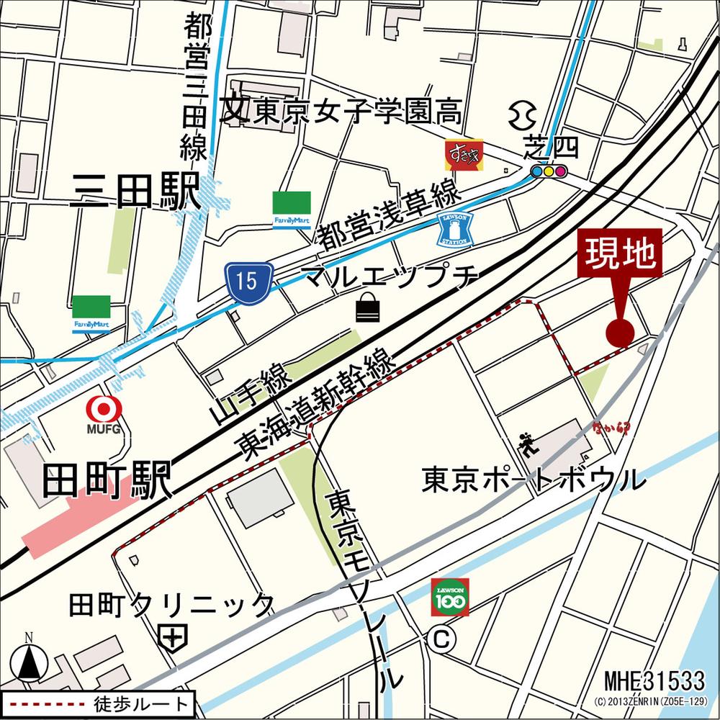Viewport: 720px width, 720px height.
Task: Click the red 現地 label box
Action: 621,253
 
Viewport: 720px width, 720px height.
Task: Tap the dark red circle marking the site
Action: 620,332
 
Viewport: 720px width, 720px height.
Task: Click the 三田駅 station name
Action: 135,193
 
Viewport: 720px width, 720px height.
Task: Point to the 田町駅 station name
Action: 107,481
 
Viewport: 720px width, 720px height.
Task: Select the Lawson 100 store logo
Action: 450,597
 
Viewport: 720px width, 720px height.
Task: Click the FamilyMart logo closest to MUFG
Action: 91,314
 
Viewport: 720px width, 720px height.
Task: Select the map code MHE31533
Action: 654,679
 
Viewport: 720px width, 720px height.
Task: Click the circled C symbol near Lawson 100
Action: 438,638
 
